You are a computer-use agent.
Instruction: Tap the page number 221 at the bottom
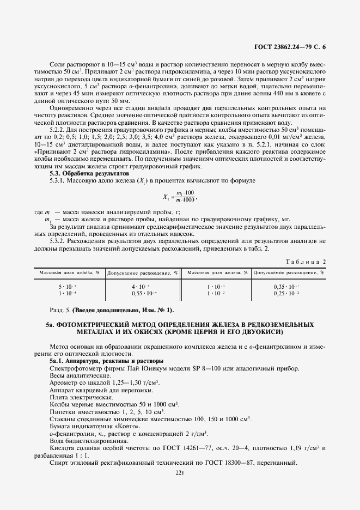point(180,472)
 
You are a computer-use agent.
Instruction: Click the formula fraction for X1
point(180,197)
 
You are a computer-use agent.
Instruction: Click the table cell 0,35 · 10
point(290,287)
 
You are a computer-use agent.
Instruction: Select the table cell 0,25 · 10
point(290,294)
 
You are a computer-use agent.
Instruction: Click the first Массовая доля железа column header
point(68,271)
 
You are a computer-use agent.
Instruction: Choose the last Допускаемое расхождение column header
point(289,271)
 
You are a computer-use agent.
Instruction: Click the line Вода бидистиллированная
point(83,441)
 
